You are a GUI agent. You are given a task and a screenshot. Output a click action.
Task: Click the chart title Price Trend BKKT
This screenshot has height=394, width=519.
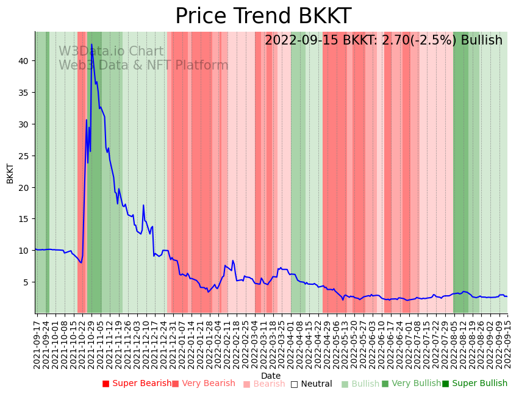263,16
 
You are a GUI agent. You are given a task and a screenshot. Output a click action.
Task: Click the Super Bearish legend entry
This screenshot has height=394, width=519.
137,384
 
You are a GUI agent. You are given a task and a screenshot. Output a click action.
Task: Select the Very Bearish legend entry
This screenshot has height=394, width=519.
203,384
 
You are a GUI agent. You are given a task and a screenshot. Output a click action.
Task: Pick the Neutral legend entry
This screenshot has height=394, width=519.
311,384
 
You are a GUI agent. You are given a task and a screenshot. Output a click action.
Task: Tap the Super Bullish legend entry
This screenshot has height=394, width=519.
474,384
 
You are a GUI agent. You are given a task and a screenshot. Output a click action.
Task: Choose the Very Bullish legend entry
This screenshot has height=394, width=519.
411,384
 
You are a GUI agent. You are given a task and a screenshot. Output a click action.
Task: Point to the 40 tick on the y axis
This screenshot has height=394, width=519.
24,61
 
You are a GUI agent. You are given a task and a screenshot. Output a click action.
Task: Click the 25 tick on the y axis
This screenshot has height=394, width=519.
24,156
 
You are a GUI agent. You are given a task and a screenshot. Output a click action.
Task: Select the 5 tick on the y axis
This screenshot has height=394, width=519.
27,282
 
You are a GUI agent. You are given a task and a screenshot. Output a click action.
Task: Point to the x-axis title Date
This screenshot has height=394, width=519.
271,376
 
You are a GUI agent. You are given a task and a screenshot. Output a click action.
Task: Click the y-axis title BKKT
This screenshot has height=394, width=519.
10,173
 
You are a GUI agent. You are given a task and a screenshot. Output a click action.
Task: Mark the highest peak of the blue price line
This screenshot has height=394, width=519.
91,45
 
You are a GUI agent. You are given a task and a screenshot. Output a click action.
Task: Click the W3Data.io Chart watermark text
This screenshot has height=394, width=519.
111,52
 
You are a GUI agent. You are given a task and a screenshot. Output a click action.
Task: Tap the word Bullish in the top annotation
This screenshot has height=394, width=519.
481,41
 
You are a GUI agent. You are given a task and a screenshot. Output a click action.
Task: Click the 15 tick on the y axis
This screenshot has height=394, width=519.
24,219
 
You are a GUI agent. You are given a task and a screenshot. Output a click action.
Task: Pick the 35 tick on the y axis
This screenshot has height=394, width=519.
24,93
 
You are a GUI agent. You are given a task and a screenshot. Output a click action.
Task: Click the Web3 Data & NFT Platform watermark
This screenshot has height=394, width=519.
143,66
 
